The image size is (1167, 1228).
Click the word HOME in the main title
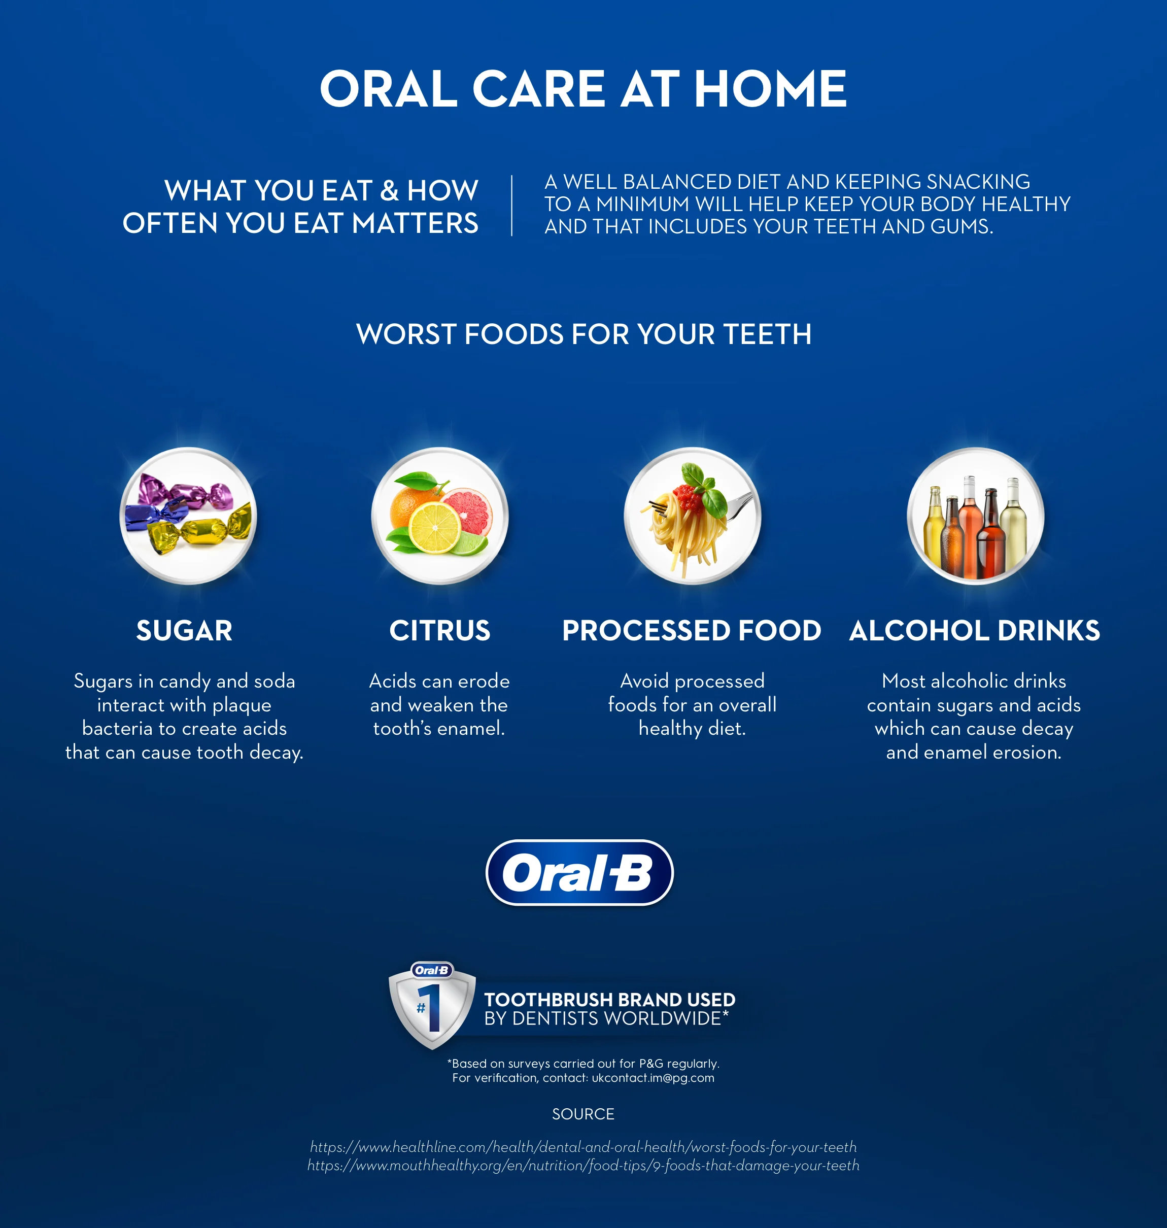pos(770,89)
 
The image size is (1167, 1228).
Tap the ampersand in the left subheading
pos(389,191)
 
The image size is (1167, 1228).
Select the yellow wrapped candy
pos(199,532)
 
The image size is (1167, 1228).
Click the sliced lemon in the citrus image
pos(435,528)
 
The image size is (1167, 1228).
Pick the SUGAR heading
pos(184,631)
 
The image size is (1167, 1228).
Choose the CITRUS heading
pos(440,631)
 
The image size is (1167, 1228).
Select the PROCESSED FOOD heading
pos(692,631)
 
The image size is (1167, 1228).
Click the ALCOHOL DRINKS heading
pos(974,631)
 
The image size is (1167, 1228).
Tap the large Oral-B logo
pos(579,872)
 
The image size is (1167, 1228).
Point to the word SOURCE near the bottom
pos(583,1113)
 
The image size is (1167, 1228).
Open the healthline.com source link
pos(583,1146)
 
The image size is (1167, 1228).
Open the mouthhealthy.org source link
pos(583,1165)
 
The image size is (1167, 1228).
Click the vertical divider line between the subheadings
pos(512,206)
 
